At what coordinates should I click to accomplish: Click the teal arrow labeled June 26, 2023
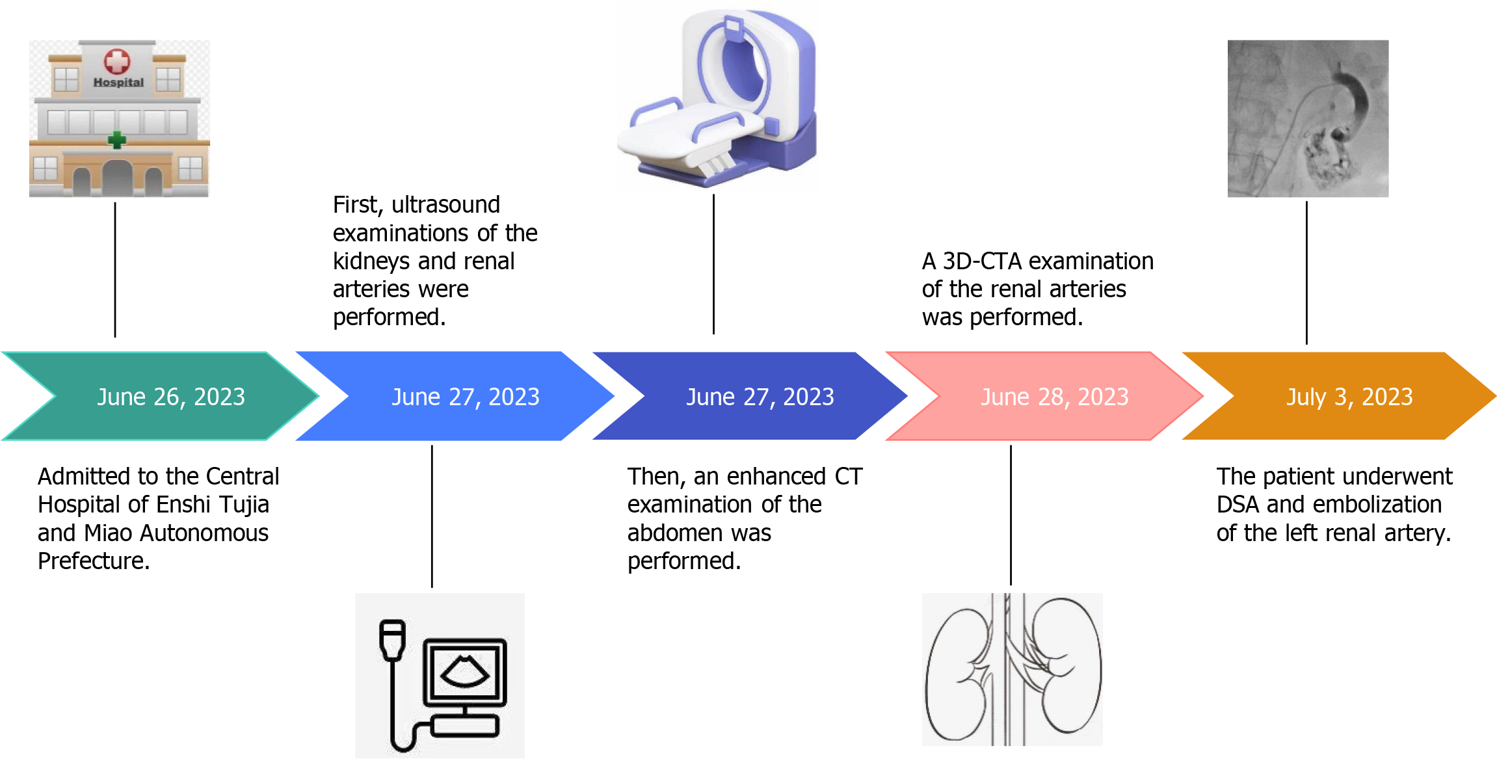tap(170, 396)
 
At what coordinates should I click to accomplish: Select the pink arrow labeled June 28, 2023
tap(1054, 396)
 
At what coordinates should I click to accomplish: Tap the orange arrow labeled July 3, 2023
tap(1349, 396)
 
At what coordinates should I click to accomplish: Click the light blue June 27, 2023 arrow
tap(465, 396)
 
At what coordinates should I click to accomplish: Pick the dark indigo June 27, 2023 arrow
tap(760, 396)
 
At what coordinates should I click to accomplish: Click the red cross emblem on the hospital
tap(117, 61)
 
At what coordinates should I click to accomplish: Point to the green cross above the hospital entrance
tap(117, 139)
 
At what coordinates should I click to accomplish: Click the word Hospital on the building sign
tap(118, 83)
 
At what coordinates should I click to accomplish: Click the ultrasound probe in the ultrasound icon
tap(392, 640)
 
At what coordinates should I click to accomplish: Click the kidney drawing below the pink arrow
tap(1012, 669)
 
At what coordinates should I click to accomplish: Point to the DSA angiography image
tap(1308, 118)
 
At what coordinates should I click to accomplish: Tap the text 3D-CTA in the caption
tap(982, 261)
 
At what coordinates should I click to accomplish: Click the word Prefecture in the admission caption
tap(94, 561)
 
